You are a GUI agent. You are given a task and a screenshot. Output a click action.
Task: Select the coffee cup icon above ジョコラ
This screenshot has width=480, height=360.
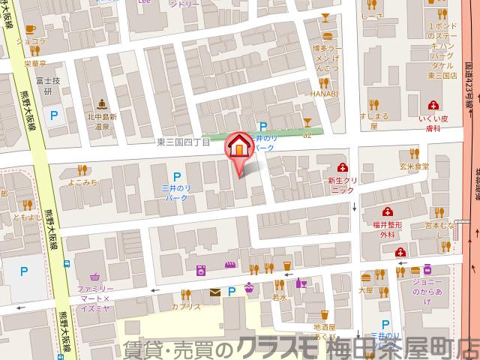(31, 29)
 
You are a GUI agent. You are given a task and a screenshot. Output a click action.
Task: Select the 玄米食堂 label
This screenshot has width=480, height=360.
(413, 166)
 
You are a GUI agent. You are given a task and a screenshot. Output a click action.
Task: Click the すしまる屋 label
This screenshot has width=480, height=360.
(372, 121)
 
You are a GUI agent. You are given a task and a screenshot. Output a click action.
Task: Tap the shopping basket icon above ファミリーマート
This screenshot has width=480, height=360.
(94, 275)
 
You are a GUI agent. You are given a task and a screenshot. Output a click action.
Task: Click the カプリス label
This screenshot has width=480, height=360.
(186, 307)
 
